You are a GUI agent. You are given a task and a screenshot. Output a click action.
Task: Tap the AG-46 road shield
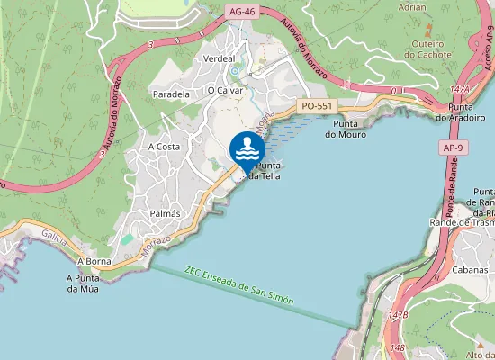pyautogui.click(x=242, y=12)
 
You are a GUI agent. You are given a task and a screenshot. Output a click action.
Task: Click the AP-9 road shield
pyautogui.click(x=453, y=147)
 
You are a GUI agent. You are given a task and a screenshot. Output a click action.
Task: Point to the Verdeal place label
pyautogui.click(x=220, y=58)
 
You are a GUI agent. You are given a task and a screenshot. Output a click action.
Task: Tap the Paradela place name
pyautogui.click(x=171, y=94)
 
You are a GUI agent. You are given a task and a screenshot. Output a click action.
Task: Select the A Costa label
pyautogui.click(x=164, y=147)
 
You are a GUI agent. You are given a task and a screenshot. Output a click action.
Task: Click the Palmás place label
pyautogui.click(x=165, y=214)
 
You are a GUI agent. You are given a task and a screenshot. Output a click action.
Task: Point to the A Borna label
pyautogui.click(x=93, y=261)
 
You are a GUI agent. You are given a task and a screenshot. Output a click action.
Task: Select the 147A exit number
pyautogui.click(x=460, y=90)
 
